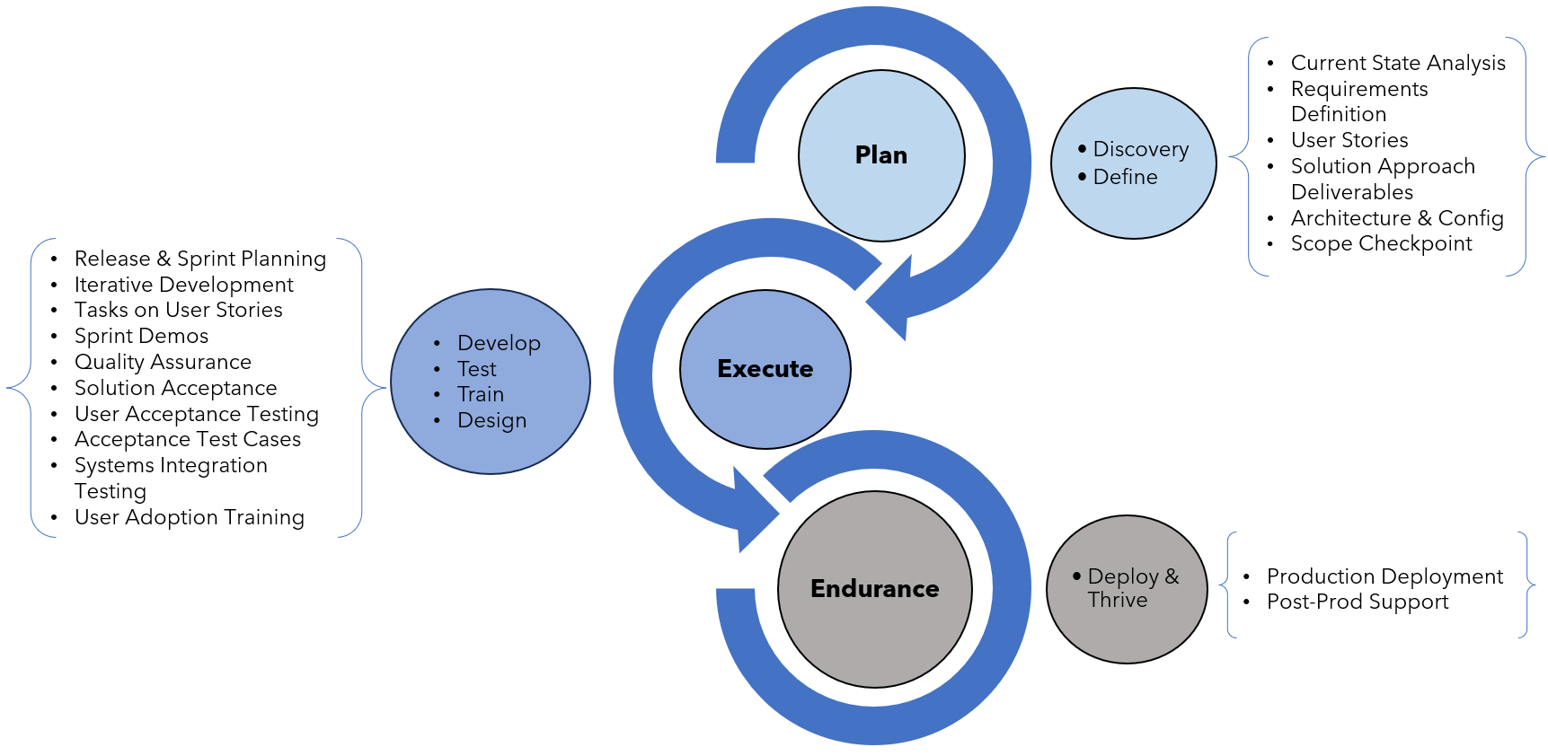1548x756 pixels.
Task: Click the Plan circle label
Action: coord(880,155)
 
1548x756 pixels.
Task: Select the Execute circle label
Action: coord(765,369)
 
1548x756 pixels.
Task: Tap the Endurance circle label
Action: coord(874,589)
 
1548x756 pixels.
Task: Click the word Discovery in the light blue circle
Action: coord(1140,149)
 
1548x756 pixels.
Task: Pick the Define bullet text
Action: coord(1125,177)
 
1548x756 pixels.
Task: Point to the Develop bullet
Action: coord(499,343)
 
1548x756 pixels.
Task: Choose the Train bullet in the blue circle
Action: coord(481,394)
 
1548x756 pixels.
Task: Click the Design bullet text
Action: coord(491,420)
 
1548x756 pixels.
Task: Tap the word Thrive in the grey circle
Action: coord(1117,600)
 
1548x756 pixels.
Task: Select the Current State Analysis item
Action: coord(1397,63)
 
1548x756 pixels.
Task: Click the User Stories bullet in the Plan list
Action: coord(1349,140)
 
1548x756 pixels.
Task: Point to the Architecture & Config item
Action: coord(1396,218)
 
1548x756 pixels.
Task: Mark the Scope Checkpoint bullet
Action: coord(1381,243)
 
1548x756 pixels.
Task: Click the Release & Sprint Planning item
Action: coord(199,259)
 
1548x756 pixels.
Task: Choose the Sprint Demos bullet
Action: coord(141,336)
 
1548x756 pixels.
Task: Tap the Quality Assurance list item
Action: coord(163,362)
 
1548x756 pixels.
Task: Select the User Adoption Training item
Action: coord(189,517)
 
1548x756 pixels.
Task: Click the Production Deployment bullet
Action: coord(1384,576)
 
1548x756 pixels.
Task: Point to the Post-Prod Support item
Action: coord(1357,602)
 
